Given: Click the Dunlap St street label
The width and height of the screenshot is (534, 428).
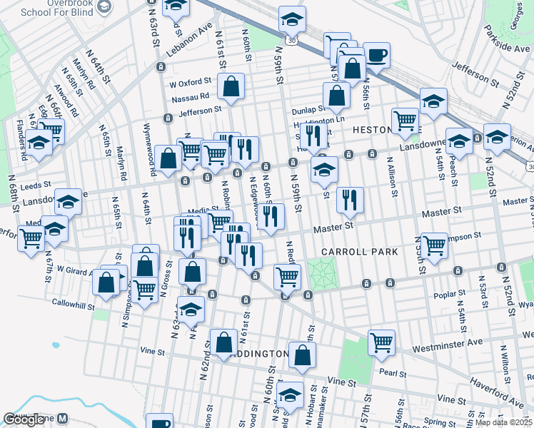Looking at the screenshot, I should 308,111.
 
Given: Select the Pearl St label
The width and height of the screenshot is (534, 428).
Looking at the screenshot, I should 393,373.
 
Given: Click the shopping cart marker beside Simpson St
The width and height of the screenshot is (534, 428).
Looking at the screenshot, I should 434,245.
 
